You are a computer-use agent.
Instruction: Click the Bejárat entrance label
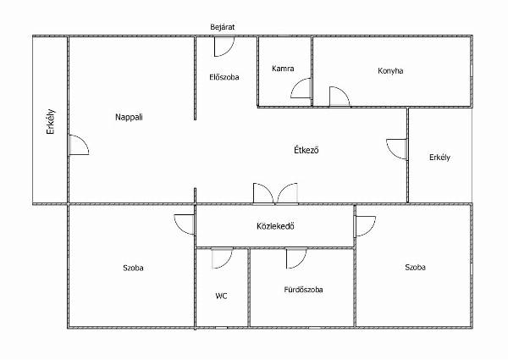coord(222,27)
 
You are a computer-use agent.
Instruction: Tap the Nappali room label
coord(129,117)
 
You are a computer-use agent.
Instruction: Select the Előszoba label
coord(224,77)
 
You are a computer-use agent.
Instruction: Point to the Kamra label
coord(283,69)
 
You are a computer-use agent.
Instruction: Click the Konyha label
coord(390,71)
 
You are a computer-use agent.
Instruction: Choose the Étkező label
coord(306,150)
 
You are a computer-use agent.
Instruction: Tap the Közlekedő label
coord(275,226)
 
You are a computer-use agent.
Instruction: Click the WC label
coord(221,296)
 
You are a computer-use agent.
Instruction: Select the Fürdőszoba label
coord(303,290)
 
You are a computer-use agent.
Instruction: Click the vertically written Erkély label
coord(51,122)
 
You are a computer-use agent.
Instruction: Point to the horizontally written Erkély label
coord(439,158)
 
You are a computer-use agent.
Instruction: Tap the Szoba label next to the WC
coord(133,268)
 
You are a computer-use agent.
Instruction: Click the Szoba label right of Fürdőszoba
coord(415,268)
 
